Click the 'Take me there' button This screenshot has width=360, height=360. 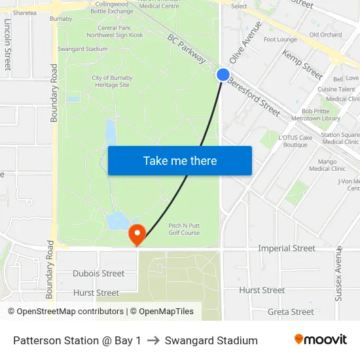click(x=180, y=160)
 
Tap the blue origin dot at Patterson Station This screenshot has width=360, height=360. click(x=223, y=75)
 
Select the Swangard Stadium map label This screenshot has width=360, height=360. click(x=82, y=49)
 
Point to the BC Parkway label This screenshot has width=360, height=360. click(x=187, y=49)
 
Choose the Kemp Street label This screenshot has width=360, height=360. click(x=302, y=64)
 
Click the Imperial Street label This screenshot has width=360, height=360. click(x=287, y=248)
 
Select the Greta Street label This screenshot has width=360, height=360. click(x=291, y=312)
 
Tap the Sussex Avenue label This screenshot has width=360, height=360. click(x=338, y=274)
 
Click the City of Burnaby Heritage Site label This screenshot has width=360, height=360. click(x=112, y=81)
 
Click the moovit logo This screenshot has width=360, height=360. click(x=320, y=340)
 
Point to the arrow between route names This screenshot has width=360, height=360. click(x=153, y=340)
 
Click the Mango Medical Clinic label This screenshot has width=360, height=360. click(x=327, y=165)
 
